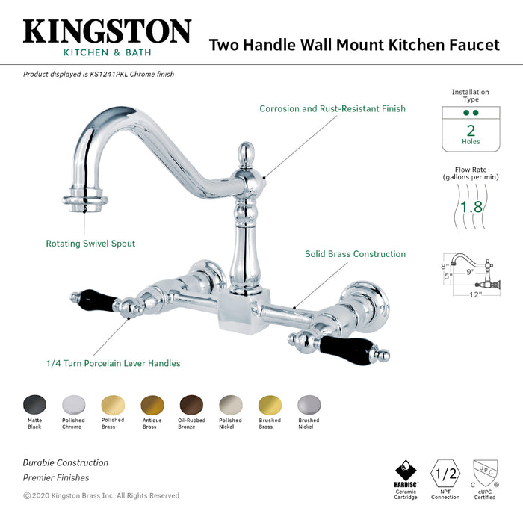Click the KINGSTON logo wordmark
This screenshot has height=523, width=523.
coord(107,31)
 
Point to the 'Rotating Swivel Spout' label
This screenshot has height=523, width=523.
coord(90,244)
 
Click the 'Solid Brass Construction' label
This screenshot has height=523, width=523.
coord(355,254)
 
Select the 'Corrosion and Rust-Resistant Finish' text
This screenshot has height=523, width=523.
coord(332,109)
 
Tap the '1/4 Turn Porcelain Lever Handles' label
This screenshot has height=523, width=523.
coord(113,364)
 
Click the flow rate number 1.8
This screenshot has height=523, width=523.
coord(471,206)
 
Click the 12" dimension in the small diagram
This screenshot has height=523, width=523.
coord(475,294)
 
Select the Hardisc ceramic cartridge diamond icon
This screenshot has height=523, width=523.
coord(405,471)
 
